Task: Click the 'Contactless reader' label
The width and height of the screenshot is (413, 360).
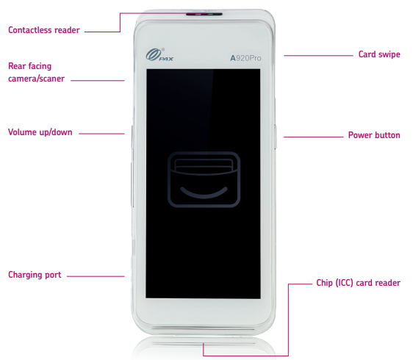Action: tap(44, 30)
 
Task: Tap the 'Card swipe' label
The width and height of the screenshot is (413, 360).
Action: tap(379, 54)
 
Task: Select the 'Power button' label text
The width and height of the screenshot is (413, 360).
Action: tap(374, 135)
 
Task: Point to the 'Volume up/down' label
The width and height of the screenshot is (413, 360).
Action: tap(40, 132)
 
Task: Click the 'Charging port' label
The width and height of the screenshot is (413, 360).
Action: tap(35, 275)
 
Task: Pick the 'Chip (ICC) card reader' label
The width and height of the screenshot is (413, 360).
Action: tap(358, 283)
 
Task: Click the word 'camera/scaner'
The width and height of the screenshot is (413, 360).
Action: tap(36, 79)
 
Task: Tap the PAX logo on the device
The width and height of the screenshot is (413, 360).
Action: tap(159, 55)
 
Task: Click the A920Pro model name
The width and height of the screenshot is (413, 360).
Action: tap(245, 58)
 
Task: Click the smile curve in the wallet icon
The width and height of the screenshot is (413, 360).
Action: tap(204, 195)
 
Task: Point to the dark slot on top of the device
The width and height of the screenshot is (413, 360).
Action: tap(204, 14)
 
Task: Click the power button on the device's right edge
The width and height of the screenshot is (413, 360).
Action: tap(275, 137)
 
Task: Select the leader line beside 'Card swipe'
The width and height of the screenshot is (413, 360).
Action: tap(318, 56)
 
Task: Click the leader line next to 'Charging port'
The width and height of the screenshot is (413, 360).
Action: tap(96, 276)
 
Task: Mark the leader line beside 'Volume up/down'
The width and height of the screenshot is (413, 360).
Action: tap(101, 134)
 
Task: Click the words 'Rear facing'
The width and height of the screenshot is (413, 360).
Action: tap(30, 66)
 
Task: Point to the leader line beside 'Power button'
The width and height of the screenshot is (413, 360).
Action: tap(314, 137)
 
